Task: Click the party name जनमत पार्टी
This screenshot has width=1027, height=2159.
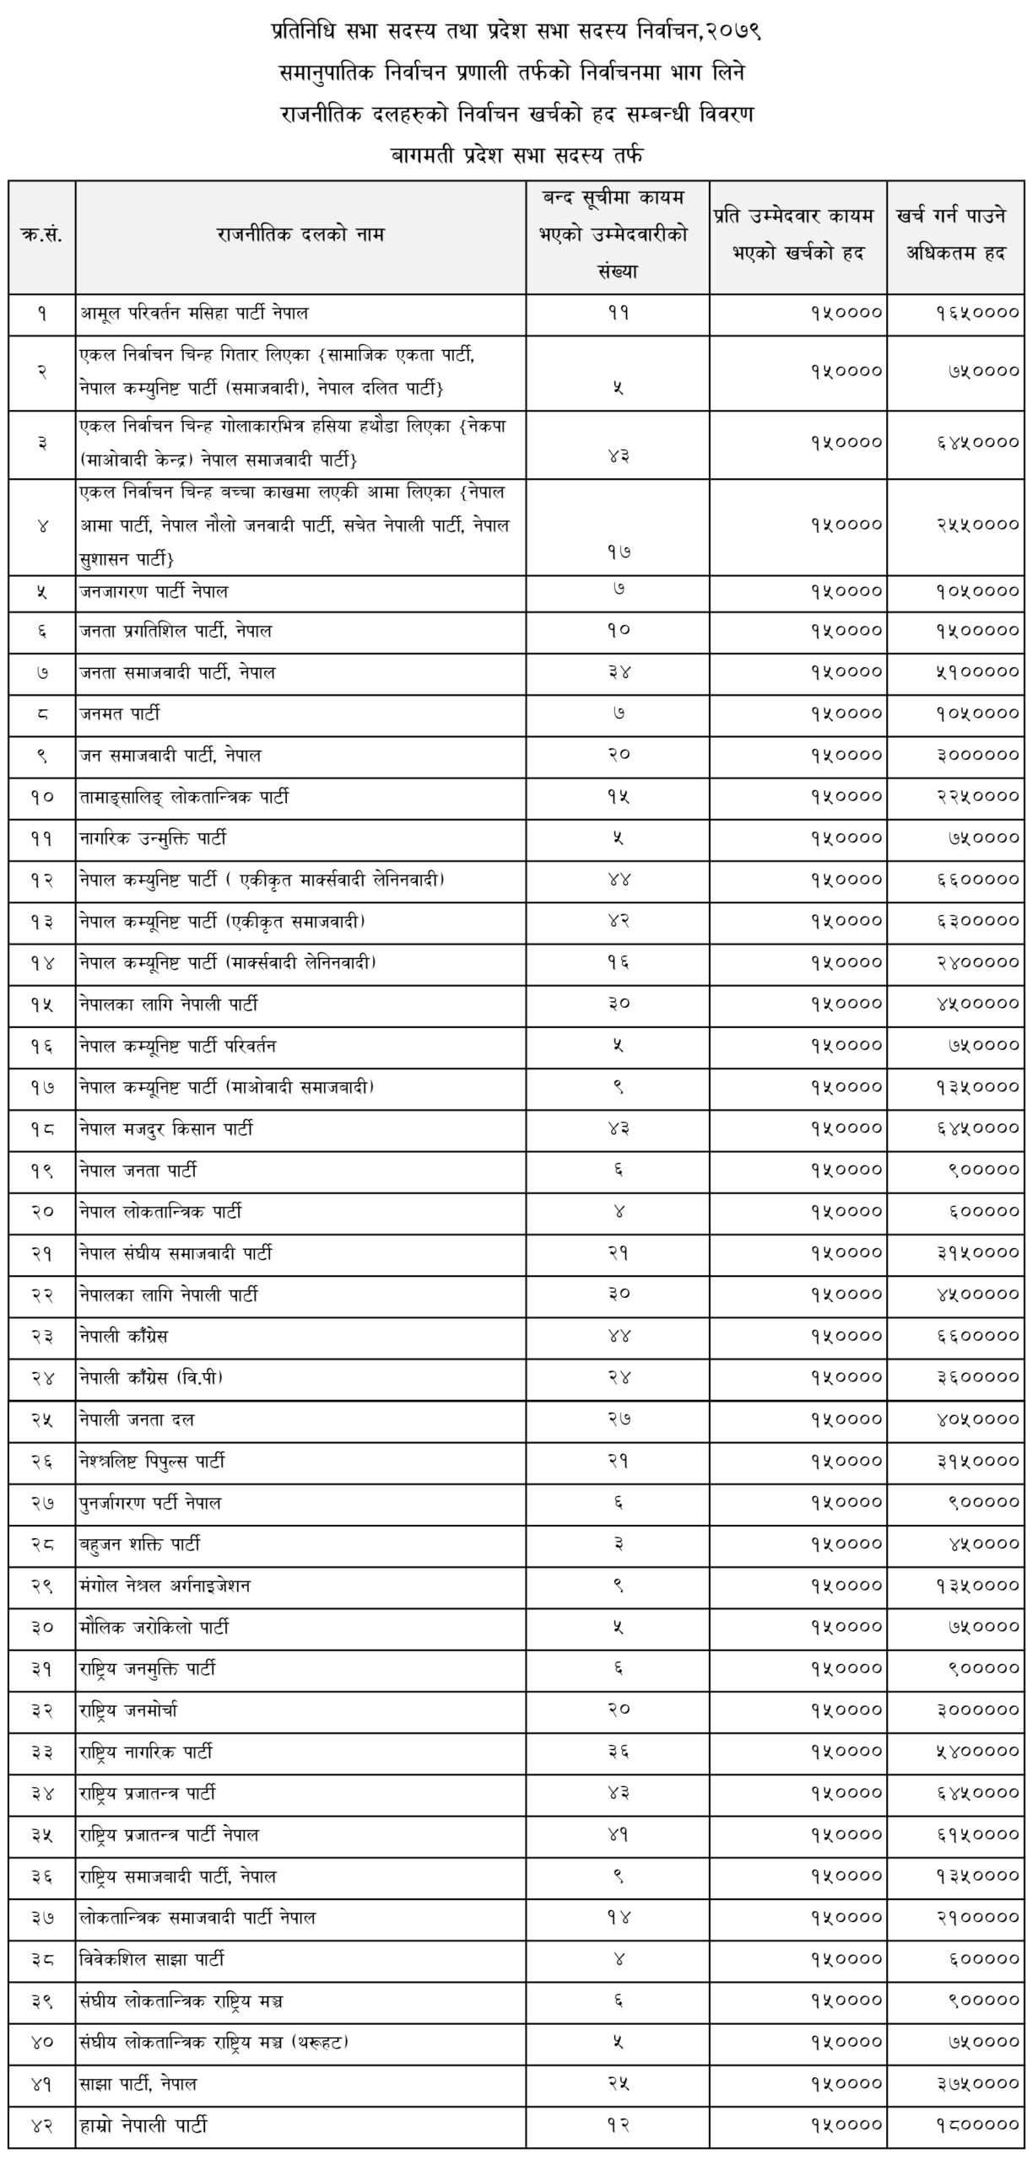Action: [x=120, y=714]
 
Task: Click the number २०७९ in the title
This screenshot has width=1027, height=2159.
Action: [x=730, y=32]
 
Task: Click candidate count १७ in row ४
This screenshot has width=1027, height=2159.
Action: [x=619, y=552]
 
